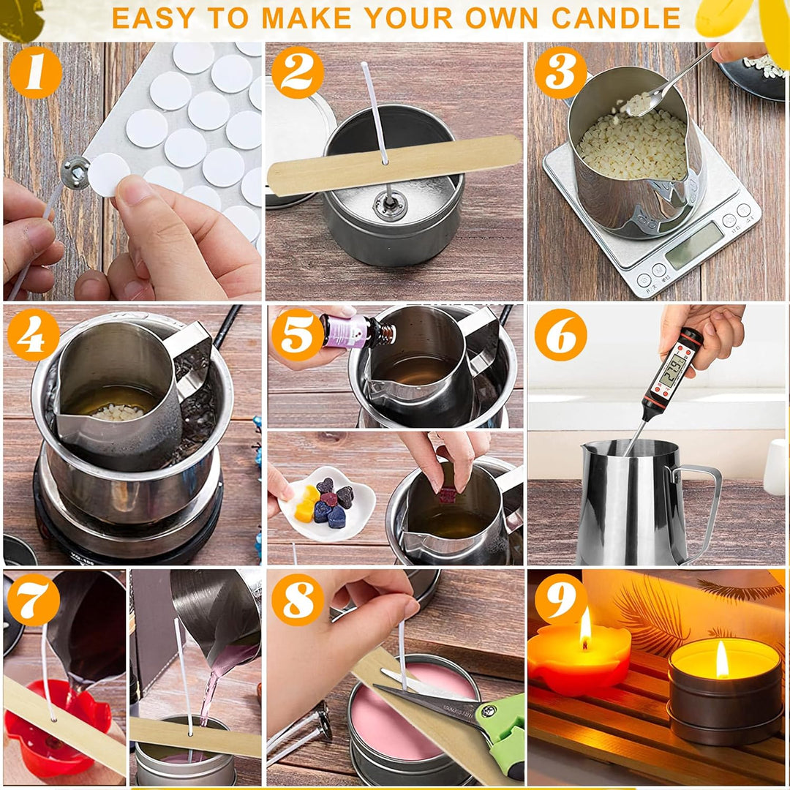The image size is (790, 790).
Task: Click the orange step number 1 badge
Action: click(x=35, y=72)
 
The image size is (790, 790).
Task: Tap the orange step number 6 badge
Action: click(x=560, y=334)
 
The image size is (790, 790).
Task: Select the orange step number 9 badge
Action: click(x=561, y=599)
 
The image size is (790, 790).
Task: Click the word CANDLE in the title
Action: click(x=616, y=18)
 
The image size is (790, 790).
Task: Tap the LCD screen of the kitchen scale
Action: click(x=694, y=245)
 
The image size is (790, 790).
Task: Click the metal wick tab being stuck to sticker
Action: click(x=75, y=173)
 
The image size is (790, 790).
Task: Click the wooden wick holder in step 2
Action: click(x=395, y=164)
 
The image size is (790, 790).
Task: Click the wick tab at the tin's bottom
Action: click(x=390, y=204)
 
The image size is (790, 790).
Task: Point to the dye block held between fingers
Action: click(x=447, y=494)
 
